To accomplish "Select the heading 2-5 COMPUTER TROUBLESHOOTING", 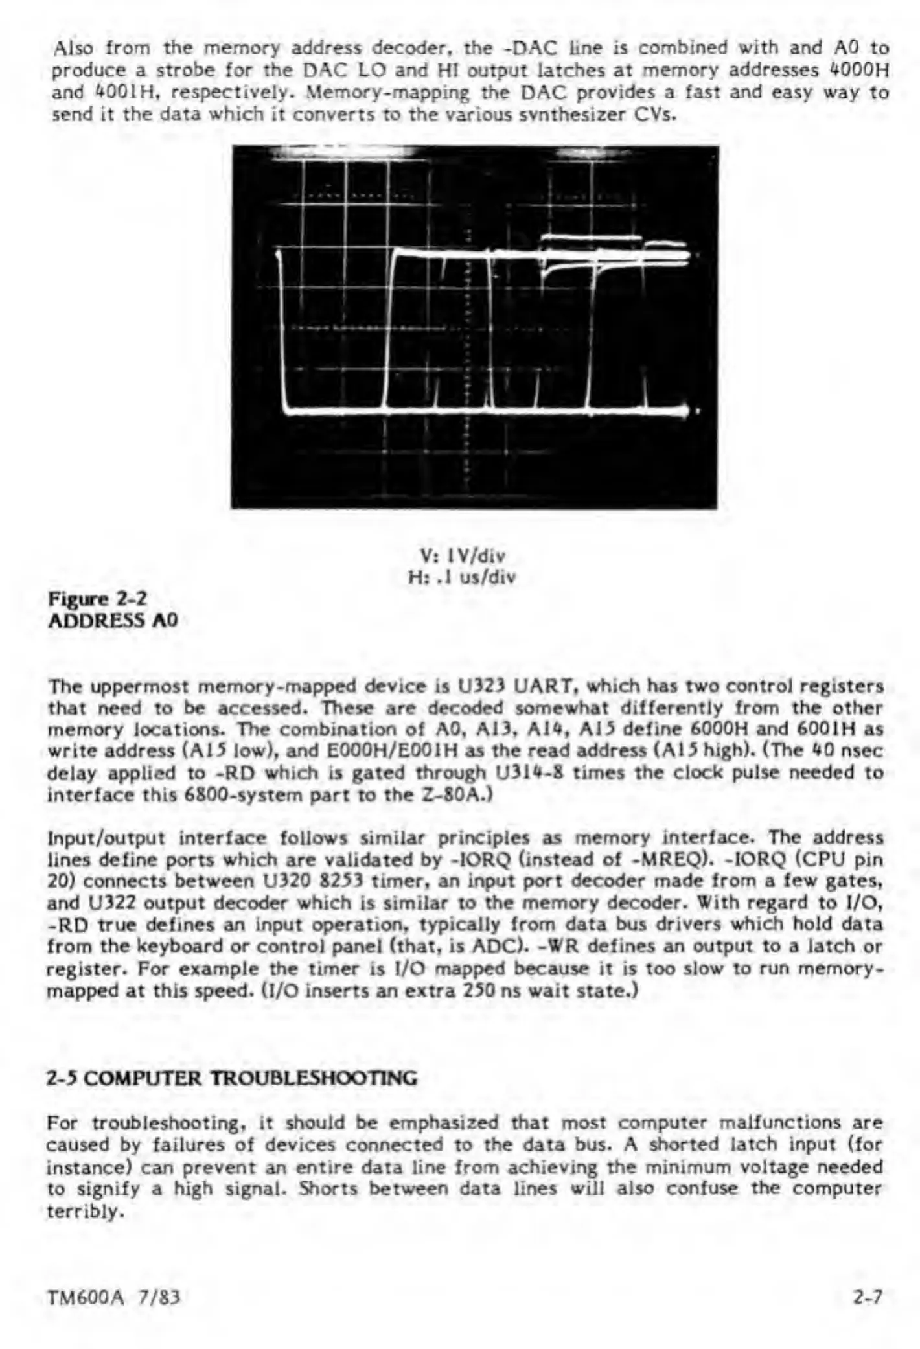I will click(231, 1078).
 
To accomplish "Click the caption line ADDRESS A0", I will click(113, 621).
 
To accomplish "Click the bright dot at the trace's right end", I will click(698, 411).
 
